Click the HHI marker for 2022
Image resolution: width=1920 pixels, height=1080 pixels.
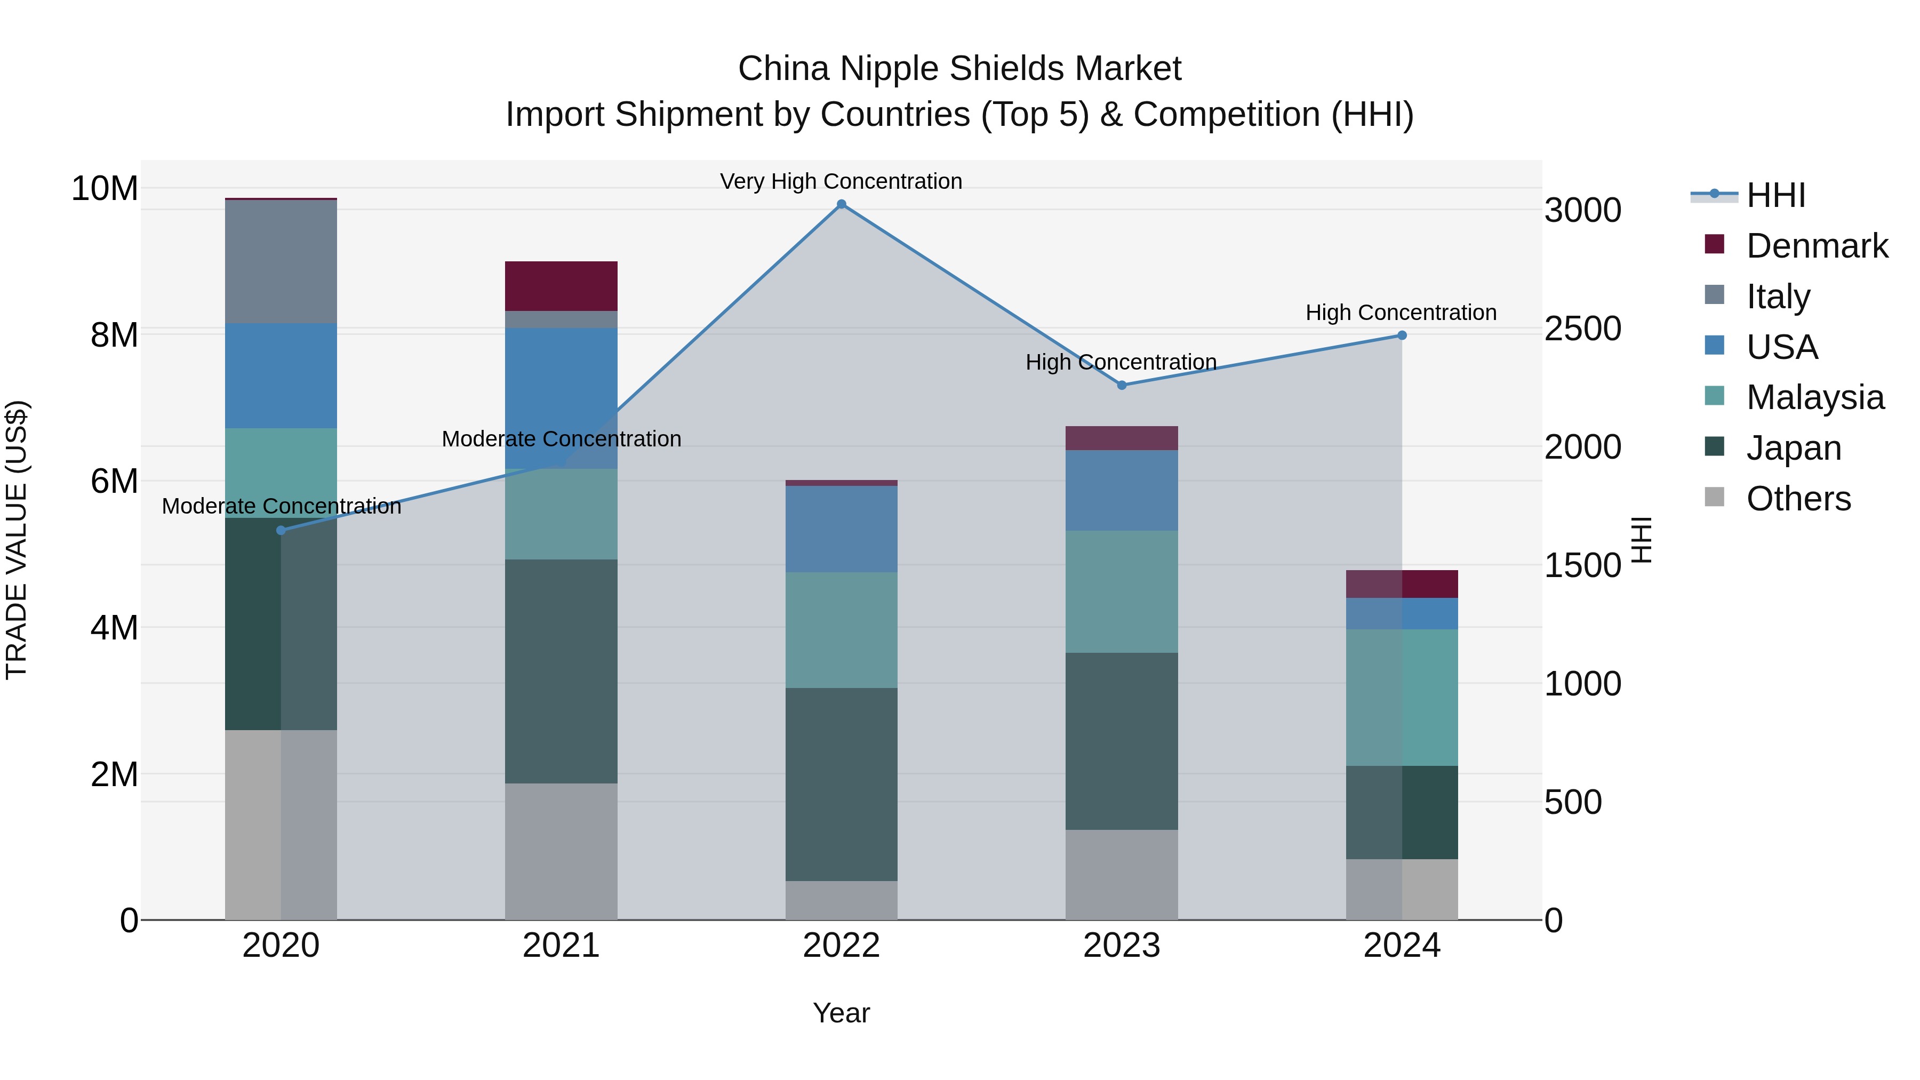click(842, 204)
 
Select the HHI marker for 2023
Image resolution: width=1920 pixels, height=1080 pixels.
click(1122, 386)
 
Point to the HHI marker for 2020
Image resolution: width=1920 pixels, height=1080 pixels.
click(281, 531)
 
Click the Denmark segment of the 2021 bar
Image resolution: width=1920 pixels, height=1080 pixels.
click(561, 286)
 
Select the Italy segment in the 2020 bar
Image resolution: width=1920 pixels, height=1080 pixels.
click(281, 262)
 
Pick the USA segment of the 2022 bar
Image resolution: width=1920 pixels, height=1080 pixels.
click(842, 529)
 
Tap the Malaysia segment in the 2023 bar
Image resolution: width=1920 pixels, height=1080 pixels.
click(1122, 592)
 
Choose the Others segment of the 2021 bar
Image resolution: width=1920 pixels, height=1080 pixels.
click(561, 851)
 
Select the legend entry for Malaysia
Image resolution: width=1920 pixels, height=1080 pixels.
click(1815, 397)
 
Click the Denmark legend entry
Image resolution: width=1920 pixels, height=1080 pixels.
click(1817, 246)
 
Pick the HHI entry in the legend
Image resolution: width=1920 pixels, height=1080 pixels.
click(1775, 195)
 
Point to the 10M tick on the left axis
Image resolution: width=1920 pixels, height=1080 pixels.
click(105, 189)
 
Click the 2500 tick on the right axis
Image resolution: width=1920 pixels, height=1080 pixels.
click(1582, 329)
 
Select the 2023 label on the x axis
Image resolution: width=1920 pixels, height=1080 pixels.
click(1122, 946)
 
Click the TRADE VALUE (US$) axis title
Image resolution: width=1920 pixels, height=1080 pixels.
click(17, 540)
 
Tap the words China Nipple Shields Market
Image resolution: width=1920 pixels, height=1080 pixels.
click(959, 69)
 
